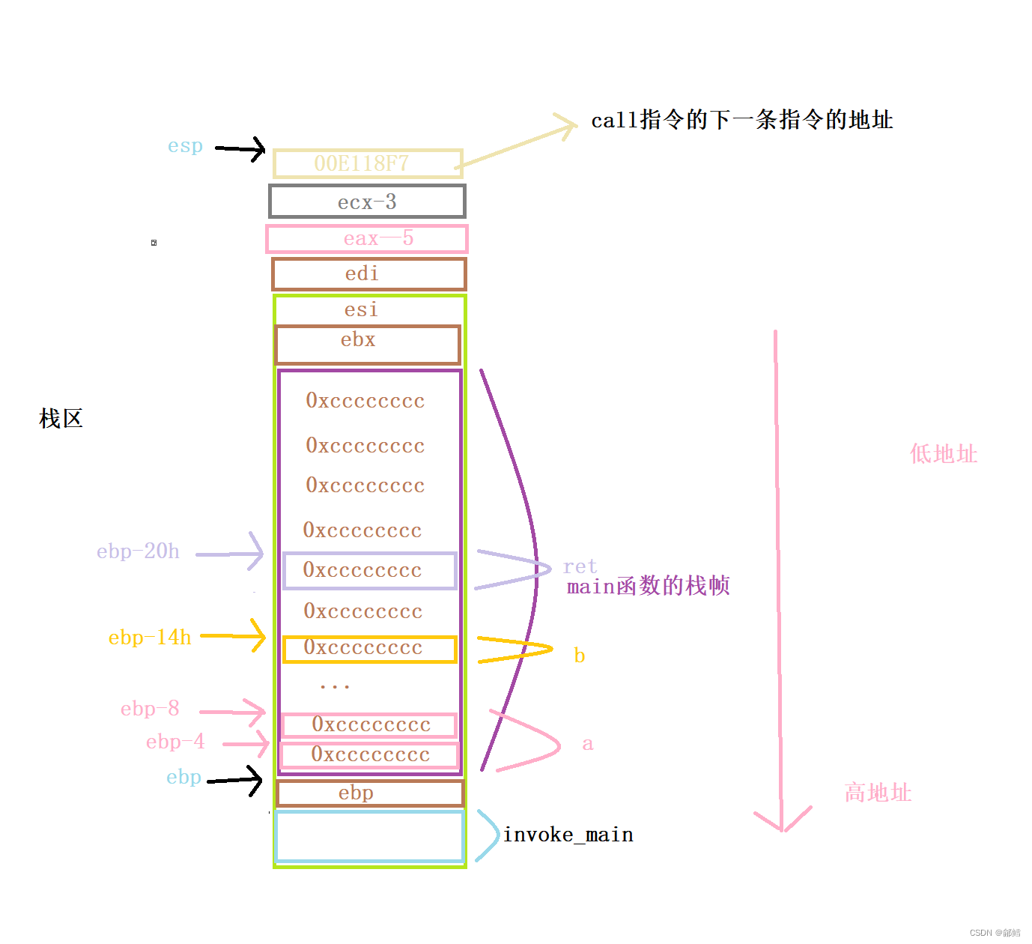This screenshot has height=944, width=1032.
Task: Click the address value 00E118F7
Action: tap(362, 163)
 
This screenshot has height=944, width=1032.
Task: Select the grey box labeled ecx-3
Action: tap(367, 202)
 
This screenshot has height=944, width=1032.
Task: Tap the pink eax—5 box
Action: tap(367, 239)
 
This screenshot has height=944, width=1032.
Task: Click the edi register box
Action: tap(368, 274)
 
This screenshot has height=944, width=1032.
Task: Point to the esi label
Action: tap(361, 309)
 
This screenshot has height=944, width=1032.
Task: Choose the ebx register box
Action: tap(367, 345)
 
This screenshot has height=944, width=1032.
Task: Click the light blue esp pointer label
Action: tap(185, 146)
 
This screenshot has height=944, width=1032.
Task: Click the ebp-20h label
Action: tap(138, 552)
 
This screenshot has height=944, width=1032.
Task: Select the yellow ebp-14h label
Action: tap(150, 638)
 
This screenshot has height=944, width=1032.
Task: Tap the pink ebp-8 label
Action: tap(150, 709)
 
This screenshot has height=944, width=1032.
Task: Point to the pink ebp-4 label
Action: tap(174, 742)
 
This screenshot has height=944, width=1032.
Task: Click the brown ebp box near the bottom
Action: tap(369, 793)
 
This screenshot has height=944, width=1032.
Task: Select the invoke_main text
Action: tap(568, 835)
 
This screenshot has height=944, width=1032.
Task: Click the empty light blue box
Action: tap(369, 836)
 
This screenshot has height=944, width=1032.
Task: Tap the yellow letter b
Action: tap(579, 656)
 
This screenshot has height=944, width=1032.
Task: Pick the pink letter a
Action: tap(588, 744)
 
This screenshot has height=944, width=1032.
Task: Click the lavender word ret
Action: tap(580, 566)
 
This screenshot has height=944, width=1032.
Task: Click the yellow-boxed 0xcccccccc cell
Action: tap(369, 649)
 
